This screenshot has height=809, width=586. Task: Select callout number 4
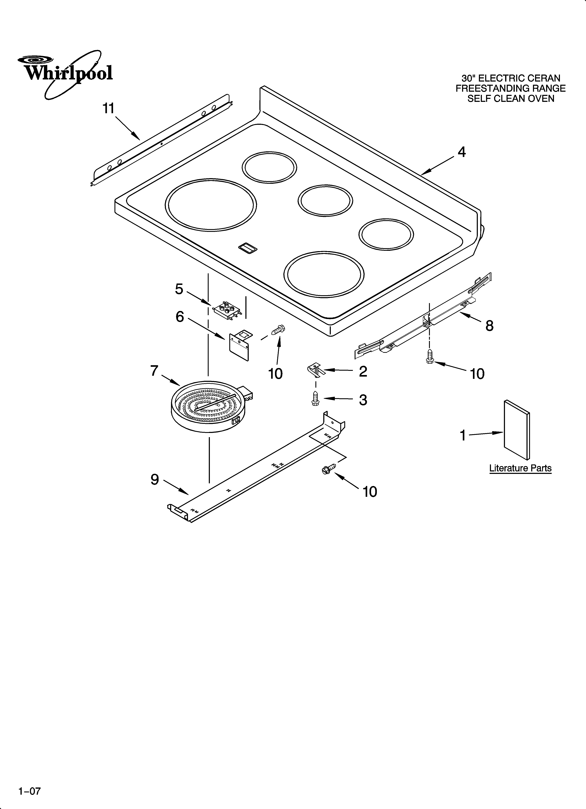(461, 152)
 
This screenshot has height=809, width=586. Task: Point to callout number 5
(179, 289)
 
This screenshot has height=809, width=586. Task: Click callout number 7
(154, 371)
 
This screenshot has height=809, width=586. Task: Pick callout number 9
(155, 480)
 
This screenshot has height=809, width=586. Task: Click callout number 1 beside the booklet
(463, 436)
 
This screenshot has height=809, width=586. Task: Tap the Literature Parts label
(520, 468)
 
